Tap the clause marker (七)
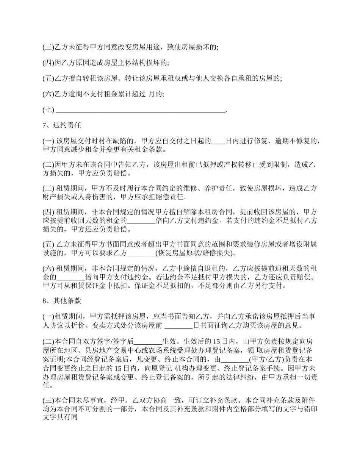pyautogui.click(x=49, y=110)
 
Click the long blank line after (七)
pyautogui.click(x=140, y=110)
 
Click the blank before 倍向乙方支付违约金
pyautogui.click(x=141, y=221)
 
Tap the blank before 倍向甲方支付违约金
pyautogui.click(x=70, y=277)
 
